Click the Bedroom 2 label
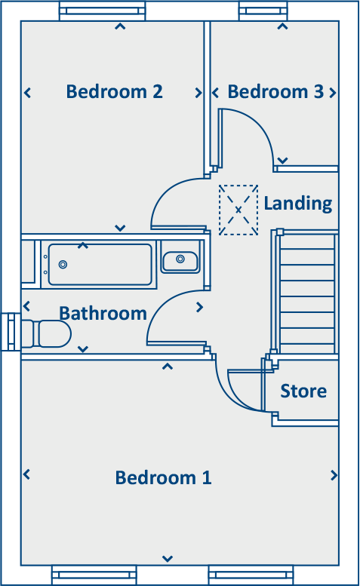[114, 92]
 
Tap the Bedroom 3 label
[275, 92]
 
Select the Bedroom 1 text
[163, 477]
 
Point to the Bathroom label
[103, 313]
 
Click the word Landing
[297, 203]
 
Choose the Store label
[303, 391]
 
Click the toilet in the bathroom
[50, 333]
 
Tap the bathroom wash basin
[180, 260]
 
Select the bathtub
[100, 264]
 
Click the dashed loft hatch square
[238, 209]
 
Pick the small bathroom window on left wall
[10, 332]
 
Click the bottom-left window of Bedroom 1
[93, 575]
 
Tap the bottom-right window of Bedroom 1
[249, 575]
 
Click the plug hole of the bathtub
[63, 265]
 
